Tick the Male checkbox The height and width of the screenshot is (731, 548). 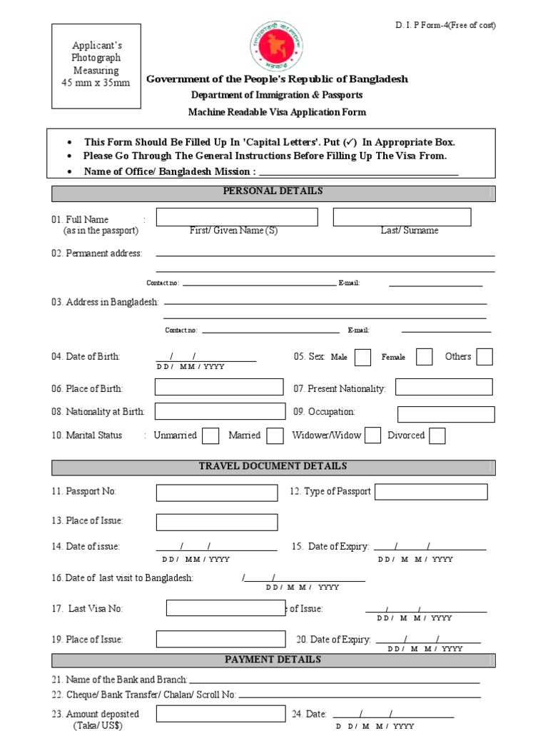tap(362, 357)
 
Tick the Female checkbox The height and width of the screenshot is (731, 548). tap(424, 357)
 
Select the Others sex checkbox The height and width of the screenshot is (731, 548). tap(484, 357)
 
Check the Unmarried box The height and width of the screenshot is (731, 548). tap(210, 435)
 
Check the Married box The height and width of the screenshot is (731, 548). tap(275, 435)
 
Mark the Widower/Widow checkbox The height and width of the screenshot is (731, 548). tap(372, 435)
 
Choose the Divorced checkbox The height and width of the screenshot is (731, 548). tap(437, 435)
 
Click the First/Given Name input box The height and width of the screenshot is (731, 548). tap(237, 217)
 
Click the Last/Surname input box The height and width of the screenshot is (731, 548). tap(402, 217)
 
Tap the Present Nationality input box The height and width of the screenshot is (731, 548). tap(444, 387)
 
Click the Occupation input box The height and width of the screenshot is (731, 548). tap(446, 414)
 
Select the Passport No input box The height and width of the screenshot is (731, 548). tap(217, 493)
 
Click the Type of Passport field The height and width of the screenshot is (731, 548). tap(431, 492)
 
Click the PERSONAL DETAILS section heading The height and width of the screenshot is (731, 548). tap(273, 192)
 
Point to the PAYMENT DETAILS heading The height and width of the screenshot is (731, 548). tap(273, 660)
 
